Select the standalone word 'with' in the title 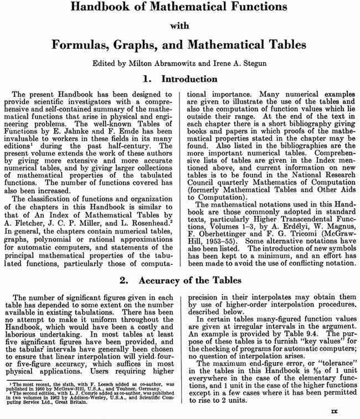pyautogui.click(x=179, y=25)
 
